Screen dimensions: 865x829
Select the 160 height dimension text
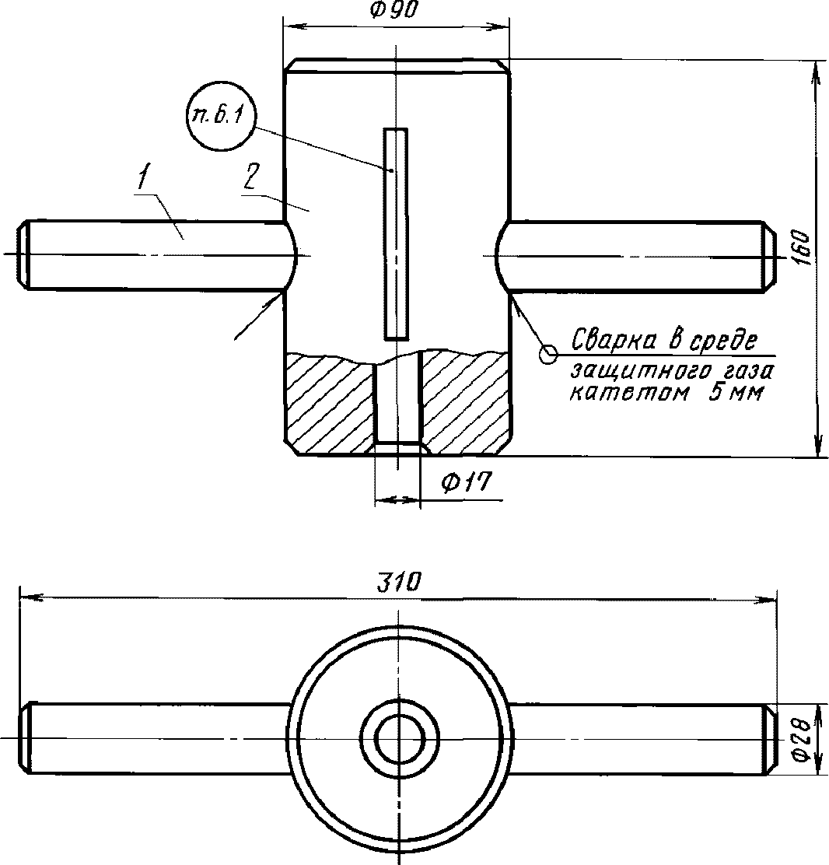click(805, 249)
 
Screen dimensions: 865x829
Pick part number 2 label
click(249, 178)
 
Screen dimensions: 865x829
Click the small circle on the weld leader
click(547, 355)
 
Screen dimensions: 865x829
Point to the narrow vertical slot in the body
click(396, 233)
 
